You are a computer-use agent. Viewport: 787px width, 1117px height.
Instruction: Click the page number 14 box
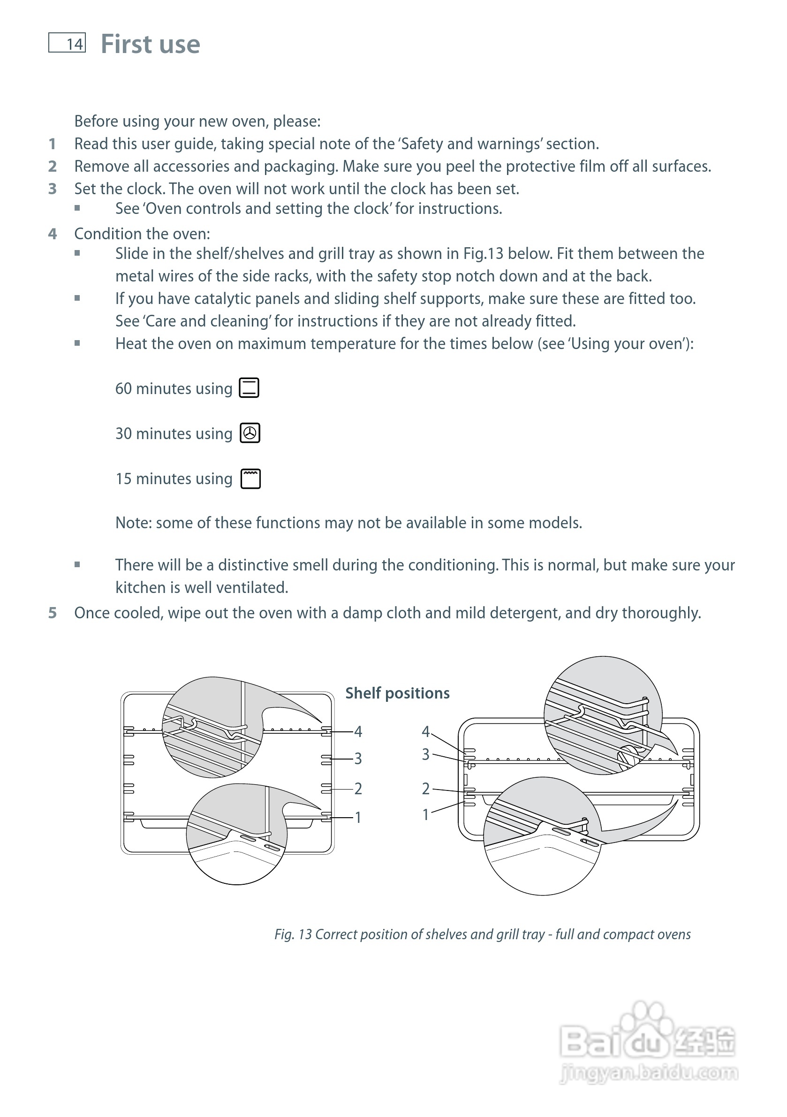[x=67, y=43]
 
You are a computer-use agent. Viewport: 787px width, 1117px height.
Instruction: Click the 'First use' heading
[x=150, y=44]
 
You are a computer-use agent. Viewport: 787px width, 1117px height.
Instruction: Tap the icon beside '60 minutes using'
[x=249, y=388]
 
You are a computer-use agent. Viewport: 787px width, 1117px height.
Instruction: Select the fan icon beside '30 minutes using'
[x=250, y=433]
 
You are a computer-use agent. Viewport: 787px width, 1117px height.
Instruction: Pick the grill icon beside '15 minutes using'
[x=250, y=479]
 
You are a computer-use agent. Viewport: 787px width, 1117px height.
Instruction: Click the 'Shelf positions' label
[x=397, y=693]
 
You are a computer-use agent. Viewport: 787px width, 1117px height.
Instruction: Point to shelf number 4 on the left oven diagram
[x=358, y=731]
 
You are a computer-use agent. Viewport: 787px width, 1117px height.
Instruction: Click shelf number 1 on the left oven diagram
[x=358, y=817]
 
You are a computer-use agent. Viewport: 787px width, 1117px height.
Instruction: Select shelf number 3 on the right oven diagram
[x=425, y=754]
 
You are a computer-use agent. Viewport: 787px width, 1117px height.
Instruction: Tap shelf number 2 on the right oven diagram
[x=425, y=789]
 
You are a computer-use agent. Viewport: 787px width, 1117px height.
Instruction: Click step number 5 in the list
[x=53, y=613]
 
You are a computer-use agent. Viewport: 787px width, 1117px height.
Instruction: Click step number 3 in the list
[x=53, y=189]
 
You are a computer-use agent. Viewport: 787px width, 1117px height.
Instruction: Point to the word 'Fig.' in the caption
[x=284, y=935]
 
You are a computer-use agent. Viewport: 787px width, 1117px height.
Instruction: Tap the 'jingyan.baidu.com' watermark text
[x=650, y=1073]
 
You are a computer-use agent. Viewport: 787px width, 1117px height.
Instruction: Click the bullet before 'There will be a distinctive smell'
[x=77, y=565]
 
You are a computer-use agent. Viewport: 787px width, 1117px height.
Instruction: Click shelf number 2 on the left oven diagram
[x=358, y=789]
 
